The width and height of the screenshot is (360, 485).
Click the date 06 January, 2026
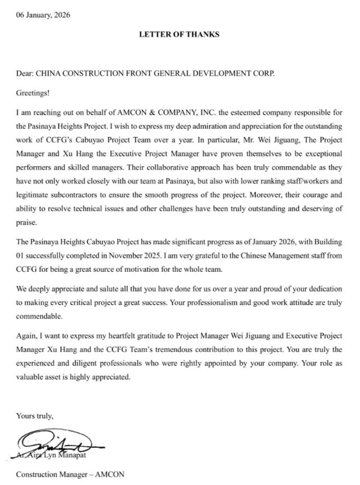tap(43, 15)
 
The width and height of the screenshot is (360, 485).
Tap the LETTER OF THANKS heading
tap(179, 34)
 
